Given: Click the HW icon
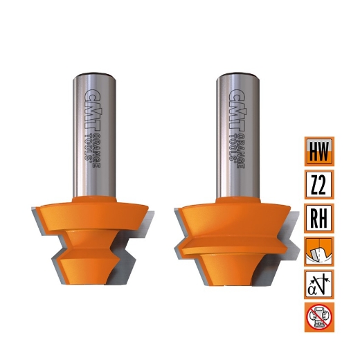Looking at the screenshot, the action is pos(319,152).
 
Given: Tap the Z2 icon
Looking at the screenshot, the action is pos(319,185).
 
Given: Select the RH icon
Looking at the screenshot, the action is pos(319,218).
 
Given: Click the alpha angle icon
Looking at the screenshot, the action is pos(319,285).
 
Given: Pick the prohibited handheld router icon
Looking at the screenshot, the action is pos(319,318).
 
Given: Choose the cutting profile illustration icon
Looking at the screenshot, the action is pos(319,251).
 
